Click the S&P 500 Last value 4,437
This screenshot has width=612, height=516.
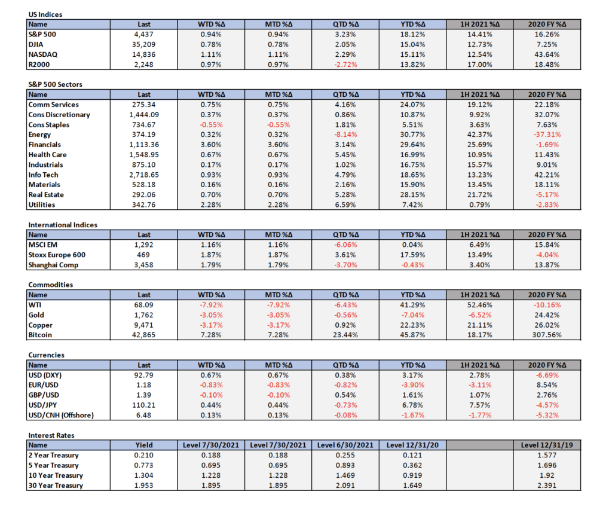[143, 34]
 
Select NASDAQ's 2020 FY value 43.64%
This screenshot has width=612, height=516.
[547, 54]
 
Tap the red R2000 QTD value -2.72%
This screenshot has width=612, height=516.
[345, 65]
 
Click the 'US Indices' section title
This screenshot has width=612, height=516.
[45, 14]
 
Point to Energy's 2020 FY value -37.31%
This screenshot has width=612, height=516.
[547, 135]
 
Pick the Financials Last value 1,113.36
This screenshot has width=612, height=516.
[143, 145]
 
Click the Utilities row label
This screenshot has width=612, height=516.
[42, 204]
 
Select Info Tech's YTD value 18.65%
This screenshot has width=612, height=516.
[412, 175]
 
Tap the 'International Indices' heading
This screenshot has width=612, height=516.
[63, 225]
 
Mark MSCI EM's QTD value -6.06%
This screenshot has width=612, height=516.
[345, 245]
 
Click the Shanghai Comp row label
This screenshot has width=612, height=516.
[53, 265]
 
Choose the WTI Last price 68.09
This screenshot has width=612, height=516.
[143, 305]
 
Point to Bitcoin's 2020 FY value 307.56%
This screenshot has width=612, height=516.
[547, 335]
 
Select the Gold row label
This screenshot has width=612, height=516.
[36, 315]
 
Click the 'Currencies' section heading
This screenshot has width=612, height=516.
[47, 355]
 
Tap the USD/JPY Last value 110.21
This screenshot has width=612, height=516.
[143, 405]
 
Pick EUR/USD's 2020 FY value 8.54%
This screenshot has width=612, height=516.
[547, 385]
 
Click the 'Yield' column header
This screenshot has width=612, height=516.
[143, 445]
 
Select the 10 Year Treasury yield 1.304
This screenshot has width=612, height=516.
[143, 475]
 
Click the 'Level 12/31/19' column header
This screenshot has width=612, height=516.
[547, 445]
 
